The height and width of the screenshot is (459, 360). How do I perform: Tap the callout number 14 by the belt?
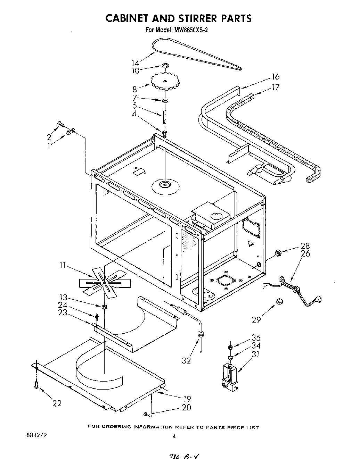pos(135,63)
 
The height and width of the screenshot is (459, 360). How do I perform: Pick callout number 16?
pos(276,77)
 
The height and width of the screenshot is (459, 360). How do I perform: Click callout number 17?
pos(276,87)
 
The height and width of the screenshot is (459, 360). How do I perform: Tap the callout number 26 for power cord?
pos(305,254)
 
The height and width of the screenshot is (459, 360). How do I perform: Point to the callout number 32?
pos(186,361)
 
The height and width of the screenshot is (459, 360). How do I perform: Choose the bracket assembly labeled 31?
pos(229,375)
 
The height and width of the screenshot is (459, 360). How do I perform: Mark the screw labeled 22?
pos(36,384)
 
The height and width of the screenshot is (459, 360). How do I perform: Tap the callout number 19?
pos(187,399)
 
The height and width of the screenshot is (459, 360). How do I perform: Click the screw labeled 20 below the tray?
pos(146,414)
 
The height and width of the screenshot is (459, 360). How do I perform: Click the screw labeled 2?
pos(61,123)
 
